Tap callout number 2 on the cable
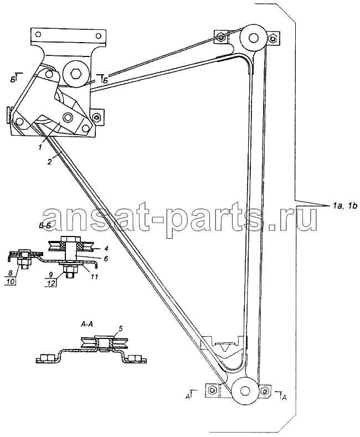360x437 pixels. [49, 162]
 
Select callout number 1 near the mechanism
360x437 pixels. [40, 147]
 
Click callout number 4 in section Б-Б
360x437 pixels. [107, 248]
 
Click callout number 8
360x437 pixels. [11, 275]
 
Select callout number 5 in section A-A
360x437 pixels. [120, 328]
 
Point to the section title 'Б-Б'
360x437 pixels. [45, 234]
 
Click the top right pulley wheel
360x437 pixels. [253, 38]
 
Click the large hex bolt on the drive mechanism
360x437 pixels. [76, 74]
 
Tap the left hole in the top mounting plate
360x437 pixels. [39, 35]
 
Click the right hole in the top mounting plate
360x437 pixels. [98, 35]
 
